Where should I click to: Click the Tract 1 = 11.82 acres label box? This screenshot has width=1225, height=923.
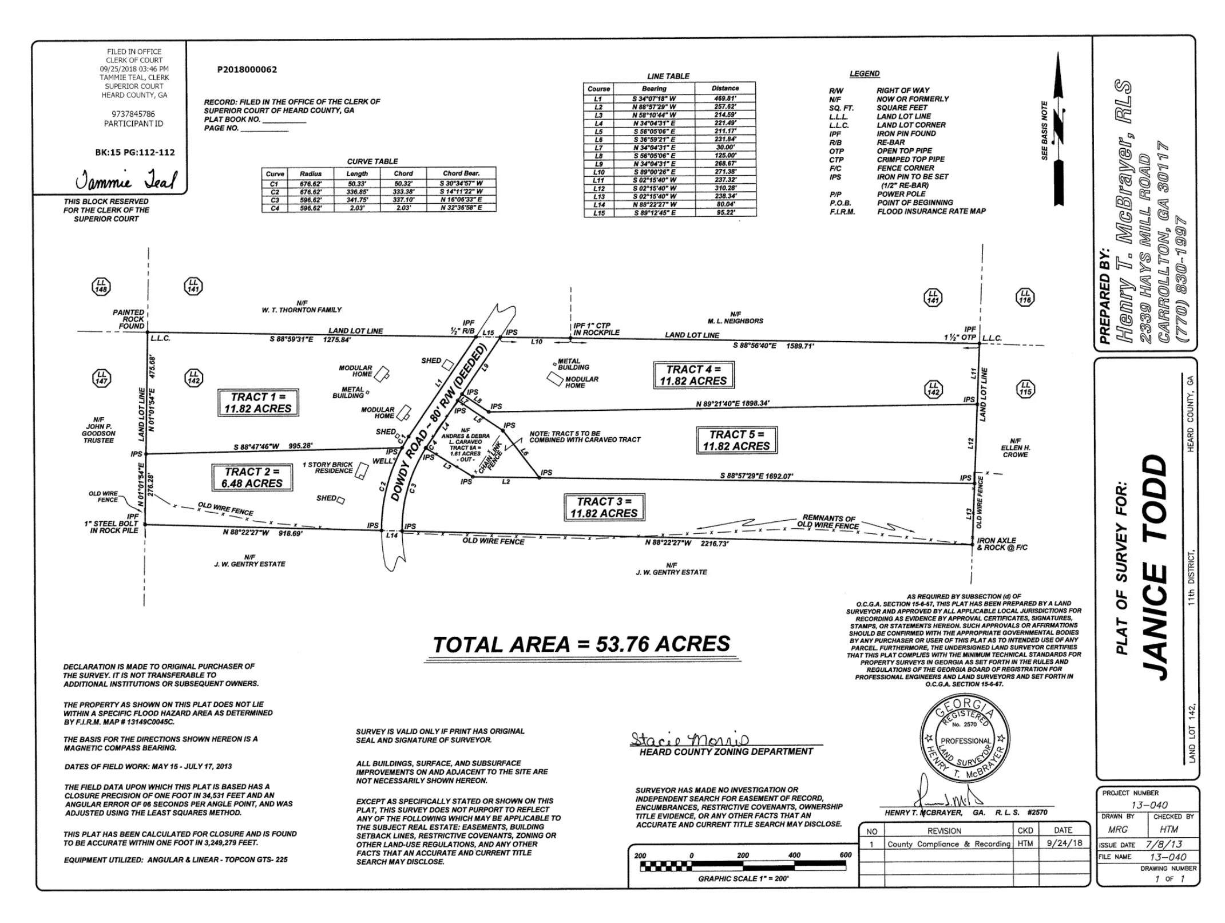pyautogui.click(x=258, y=403)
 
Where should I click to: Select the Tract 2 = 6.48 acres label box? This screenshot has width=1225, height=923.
pyautogui.click(x=252, y=478)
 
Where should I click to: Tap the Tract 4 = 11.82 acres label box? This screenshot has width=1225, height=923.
pyautogui.click(x=693, y=375)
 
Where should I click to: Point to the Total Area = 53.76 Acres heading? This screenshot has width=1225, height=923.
pyautogui.click(x=581, y=644)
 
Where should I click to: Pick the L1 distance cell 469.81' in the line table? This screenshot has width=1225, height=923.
pyautogui.click(x=725, y=98)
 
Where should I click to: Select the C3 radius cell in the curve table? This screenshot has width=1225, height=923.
pyautogui.click(x=310, y=200)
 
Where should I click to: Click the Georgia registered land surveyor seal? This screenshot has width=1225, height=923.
pyautogui.click(x=965, y=740)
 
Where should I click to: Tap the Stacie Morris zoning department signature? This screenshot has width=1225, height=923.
pyautogui.click(x=689, y=739)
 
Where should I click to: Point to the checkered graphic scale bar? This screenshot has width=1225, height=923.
pyautogui.click(x=742, y=866)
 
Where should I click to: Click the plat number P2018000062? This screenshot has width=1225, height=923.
pyautogui.click(x=247, y=70)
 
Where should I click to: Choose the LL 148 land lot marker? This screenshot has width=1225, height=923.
pyautogui.click(x=101, y=286)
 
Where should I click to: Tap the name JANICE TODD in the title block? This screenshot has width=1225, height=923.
pyautogui.click(x=1153, y=567)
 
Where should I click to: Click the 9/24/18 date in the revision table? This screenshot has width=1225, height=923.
pyautogui.click(x=1064, y=843)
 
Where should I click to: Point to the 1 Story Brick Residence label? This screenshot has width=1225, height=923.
pyautogui.click(x=327, y=468)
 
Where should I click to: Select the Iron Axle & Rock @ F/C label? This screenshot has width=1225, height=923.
pyautogui.click(x=1002, y=544)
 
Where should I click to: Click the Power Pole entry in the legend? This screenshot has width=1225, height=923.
pyautogui.click(x=901, y=194)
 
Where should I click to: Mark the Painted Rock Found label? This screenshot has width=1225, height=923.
pyautogui.click(x=128, y=319)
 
